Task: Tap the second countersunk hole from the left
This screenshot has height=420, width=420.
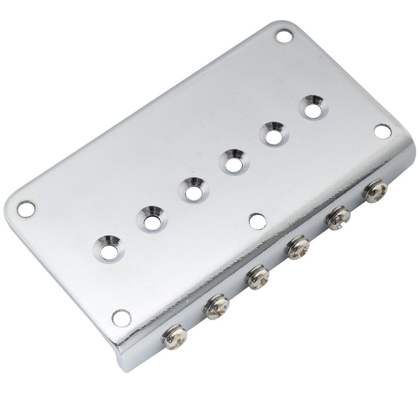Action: coord(151,220)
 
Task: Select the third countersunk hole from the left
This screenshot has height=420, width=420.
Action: coord(191,191)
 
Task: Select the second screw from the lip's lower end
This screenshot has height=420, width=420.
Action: coord(215,307)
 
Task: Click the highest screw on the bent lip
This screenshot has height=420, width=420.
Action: coord(376,191)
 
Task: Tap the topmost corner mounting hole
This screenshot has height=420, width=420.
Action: coord(283,35)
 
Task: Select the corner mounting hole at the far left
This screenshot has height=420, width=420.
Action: coord(26,209)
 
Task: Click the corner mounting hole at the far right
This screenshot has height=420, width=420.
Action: coord(382,131)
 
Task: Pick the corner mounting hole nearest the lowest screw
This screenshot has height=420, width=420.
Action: coord(121,318)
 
